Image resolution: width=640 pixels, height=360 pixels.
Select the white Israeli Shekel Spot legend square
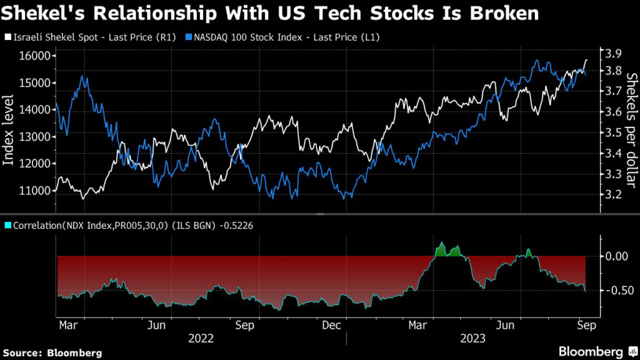click(7, 37)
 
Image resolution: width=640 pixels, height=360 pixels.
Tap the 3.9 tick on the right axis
click(611, 53)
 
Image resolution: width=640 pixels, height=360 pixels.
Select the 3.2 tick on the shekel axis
click(611, 194)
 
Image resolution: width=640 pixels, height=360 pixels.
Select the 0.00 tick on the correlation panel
click(616, 256)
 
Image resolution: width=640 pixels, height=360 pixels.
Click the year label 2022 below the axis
click(201, 339)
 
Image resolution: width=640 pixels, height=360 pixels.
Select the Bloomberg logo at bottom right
click(594, 351)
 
